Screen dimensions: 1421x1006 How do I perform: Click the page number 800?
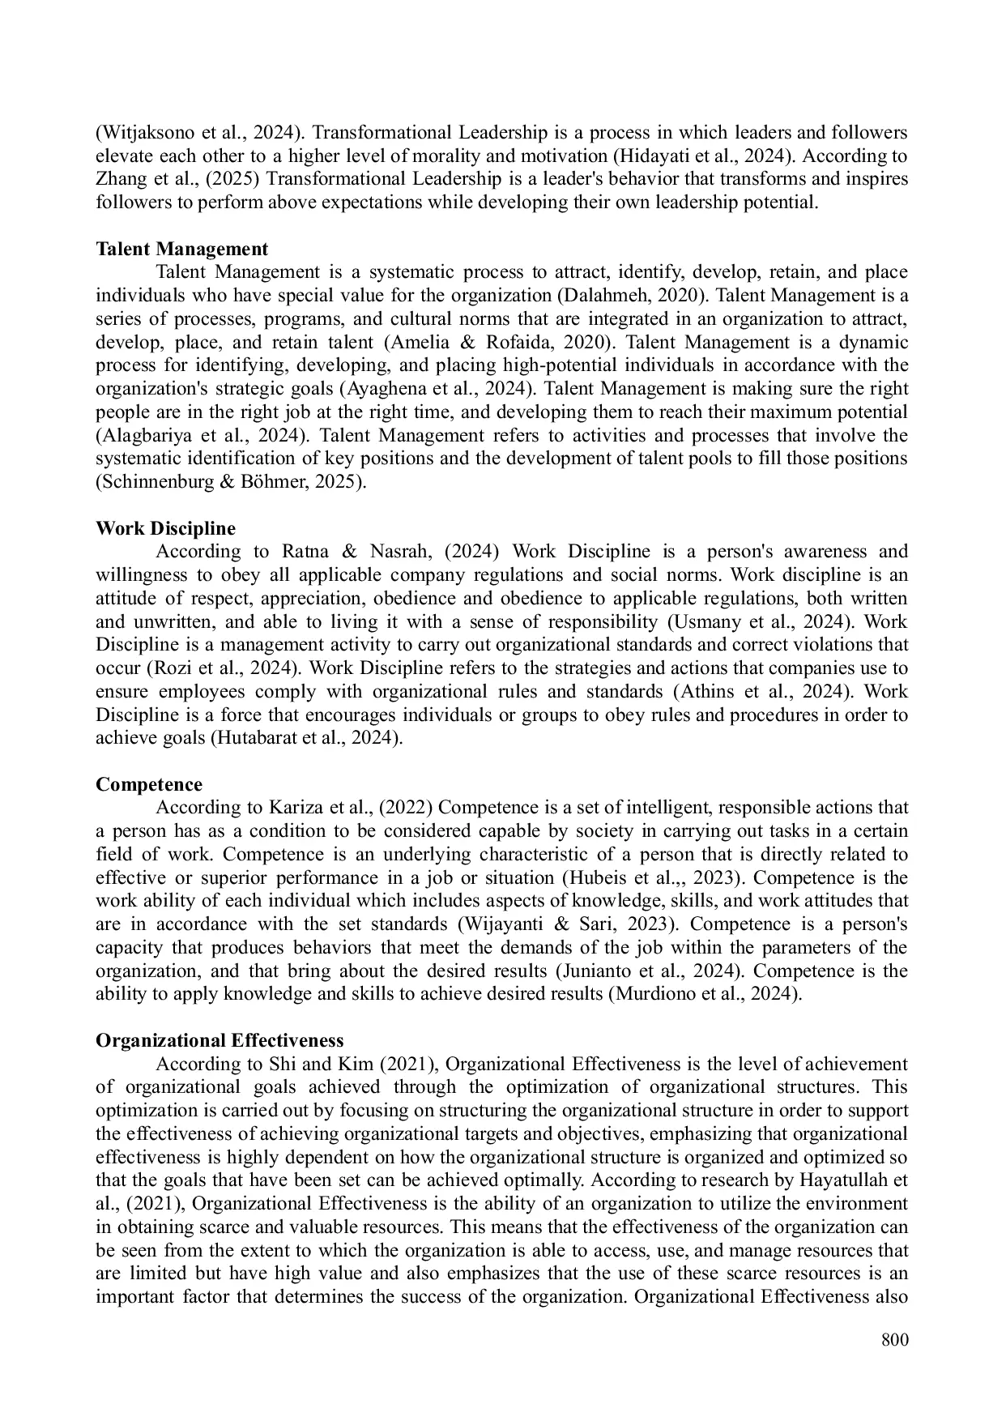[x=894, y=1340]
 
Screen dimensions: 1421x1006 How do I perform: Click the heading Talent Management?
[x=181, y=249]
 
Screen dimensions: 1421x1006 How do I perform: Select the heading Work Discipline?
[x=165, y=529]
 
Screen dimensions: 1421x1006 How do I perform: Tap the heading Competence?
[x=149, y=785]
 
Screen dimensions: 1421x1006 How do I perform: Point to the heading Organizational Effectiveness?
[x=220, y=1041]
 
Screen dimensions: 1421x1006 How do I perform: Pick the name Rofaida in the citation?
[x=518, y=343]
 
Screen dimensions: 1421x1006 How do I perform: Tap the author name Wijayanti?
[x=505, y=925]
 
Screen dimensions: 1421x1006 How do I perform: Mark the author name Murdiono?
[x=650, y=995]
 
